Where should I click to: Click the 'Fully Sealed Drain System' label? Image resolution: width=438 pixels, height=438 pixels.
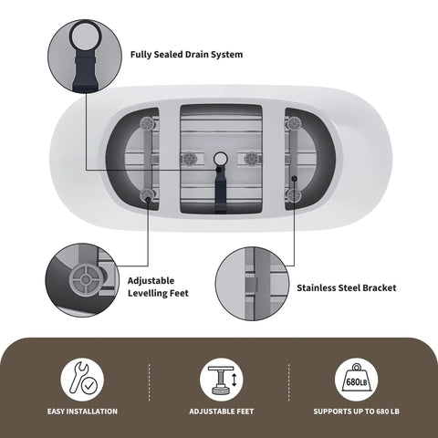pyautogui.click(x=186, y=55)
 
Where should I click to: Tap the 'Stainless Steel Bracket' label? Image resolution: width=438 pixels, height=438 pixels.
pyautogui.click(x=347, y=287)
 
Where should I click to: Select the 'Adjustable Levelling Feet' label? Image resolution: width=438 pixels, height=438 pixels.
pyautogui.click(x=158, y=287)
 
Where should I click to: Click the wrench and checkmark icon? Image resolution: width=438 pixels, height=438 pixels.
pyautogui.click(x=82, y=380)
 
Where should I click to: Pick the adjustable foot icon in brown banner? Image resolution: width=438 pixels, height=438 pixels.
pyautogui.click(x=222, y=380)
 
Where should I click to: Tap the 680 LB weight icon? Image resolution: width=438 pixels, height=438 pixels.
pyautogui.click(x=356, y=380)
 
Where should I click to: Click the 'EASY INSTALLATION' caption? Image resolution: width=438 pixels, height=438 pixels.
pyautogui.click(x=82, y=412)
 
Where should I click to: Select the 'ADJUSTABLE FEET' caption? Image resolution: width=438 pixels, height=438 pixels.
pyautogui.click(x=222, y=412)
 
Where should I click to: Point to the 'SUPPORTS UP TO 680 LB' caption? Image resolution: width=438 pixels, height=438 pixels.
pyautogui.click(x=356, y=412)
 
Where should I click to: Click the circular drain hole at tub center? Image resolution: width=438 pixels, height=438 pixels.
pyautogui.click(x=221, y=159)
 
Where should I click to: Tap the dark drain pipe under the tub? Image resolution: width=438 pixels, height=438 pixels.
pyautogui.click(x=220, y=190)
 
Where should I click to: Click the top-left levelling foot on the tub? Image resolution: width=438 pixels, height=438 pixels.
pyautogui.click(x=148, y=124)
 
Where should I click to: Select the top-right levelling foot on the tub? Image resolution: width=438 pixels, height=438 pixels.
pyautogui.click(x=294, y=124)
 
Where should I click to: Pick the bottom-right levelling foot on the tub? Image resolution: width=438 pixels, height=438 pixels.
pyautogui.click(x=294, y=195)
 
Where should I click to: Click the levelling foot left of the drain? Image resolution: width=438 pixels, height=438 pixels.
pyautogui.click(x=190, y=159)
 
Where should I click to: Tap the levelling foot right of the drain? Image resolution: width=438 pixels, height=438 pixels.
pyautogui.click(x=252, y=159)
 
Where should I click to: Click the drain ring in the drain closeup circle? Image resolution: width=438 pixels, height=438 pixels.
pyautogui.click(x=84, y=33)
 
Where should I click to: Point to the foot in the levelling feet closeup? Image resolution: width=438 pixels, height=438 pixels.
pyautogui.click(x=86, y=279)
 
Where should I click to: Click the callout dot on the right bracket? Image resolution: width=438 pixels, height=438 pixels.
pyautogui.click(x=294, y=179)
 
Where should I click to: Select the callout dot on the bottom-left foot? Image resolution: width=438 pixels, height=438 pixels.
pyautogui.click(x=148, y=200)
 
